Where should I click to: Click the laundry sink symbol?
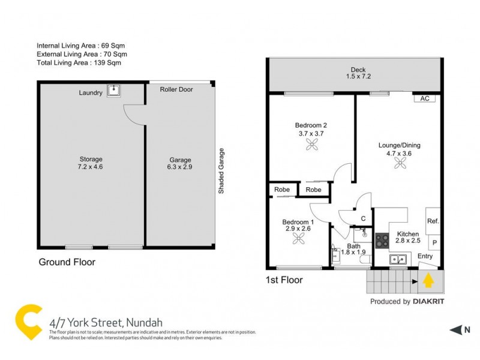(x=114, y=91)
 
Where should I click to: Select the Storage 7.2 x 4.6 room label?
(x=91, y=163)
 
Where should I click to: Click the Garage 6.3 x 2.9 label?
(x=179, y=164)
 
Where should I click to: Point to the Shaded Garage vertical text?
(x=221, y=170)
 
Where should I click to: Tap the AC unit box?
(x=424, y=99)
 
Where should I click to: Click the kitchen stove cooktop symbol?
(x=382, y=240)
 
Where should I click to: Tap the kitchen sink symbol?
(x=397, y=259)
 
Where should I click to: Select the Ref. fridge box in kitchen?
(x=433, y=221)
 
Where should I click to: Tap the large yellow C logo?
(x=29, y=324)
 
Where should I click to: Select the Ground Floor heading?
(x=67, y=262)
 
